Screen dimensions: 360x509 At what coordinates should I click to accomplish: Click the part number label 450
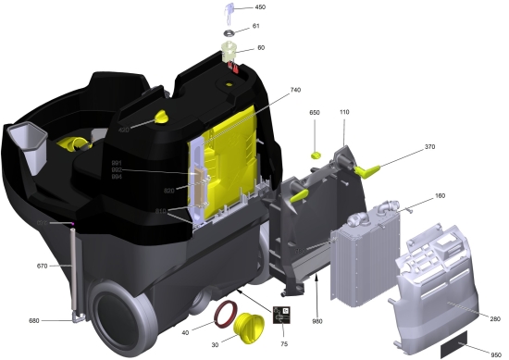pos(260,7)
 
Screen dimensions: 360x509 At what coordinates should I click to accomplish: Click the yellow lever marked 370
pos(369,168)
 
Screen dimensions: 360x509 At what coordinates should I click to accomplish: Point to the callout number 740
pos(295,90)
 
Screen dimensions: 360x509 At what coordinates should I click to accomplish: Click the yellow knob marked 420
pos(162,117)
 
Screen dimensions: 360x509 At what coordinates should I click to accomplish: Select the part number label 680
pos(34,321)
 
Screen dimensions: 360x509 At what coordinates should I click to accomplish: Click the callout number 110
pos(344,112)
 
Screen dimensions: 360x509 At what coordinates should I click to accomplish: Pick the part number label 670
pos(41,266)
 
